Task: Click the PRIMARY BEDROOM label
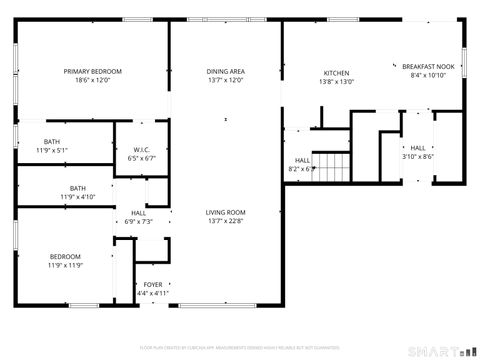[x=93, y=71]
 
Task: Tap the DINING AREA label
[x=226, y=71]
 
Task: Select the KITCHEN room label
[x=335, y=73]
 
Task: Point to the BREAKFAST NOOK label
[x=428, y=66]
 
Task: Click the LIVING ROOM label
[x=226, y=212]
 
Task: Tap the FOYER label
[x=153, y=285]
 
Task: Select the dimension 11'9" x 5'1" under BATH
[x=51, y=150]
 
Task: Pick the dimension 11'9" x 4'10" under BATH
[x=77, y=197]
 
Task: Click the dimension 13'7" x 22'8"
[x=226, y=221]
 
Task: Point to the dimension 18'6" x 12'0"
[x=93, y=80]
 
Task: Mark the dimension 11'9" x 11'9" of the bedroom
[x=64, y=265]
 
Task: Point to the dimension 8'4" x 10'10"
[x=428, y=75]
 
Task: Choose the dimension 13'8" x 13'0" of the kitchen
[x=335, y=82]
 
